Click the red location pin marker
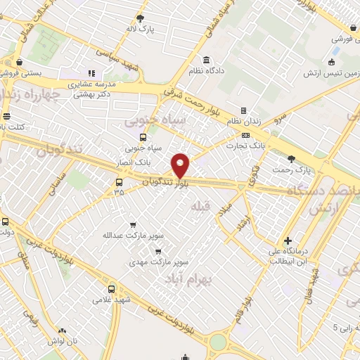click(x=181, y=165)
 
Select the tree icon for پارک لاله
click(x=141, y=19)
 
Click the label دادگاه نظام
click(x=206, y=71)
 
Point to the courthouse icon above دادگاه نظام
click(x=206, y=59)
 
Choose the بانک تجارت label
click(x=244, y=146)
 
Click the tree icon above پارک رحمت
click(x=302, y=158)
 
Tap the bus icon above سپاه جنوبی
click(x=143, y=138)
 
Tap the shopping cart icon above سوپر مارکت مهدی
click(x=157, y=250)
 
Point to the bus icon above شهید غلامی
click(x=111, y=288)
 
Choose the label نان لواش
click(x=63, y=340)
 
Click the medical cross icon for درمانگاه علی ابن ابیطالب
click(x=288, y=240)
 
